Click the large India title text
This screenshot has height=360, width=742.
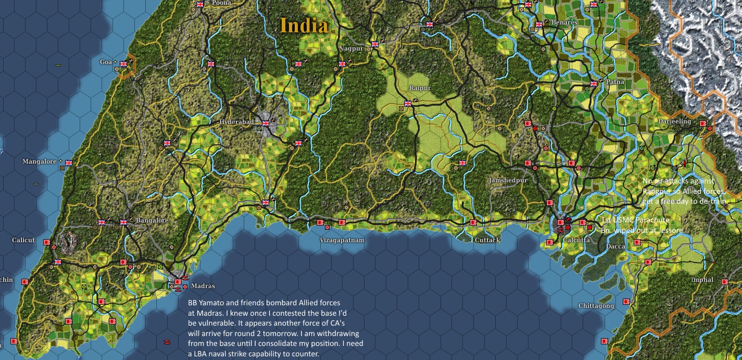304,25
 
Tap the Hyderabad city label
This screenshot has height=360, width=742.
236,122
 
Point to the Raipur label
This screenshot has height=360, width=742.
420,88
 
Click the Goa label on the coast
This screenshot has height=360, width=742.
106,62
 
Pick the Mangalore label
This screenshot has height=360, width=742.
39,162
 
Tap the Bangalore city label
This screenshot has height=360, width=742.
152,220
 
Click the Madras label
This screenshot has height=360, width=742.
203,286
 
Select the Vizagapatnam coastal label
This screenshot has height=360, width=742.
342,240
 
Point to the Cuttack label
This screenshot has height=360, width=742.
487,240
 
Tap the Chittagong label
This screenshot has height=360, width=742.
596,306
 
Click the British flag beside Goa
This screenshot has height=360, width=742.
123,64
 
